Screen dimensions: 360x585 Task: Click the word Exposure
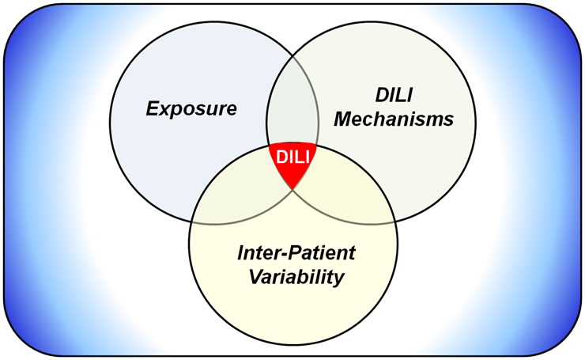(x=191, y=108)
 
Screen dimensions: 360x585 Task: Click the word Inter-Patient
(x=296, y=254)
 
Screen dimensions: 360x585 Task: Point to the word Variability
(x=296, y=278)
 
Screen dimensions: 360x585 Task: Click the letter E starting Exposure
(x=151, y=108)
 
